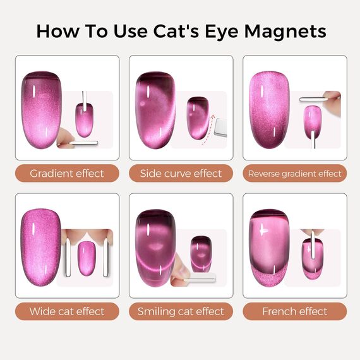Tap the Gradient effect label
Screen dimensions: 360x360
click(66, 173)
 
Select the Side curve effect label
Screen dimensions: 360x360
click(181, 173)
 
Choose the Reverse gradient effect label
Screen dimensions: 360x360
click(294, 173)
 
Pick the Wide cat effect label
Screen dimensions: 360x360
click(66, 311)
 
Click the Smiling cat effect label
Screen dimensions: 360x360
click(181, 311)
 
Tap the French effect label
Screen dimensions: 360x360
click(294, 311)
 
